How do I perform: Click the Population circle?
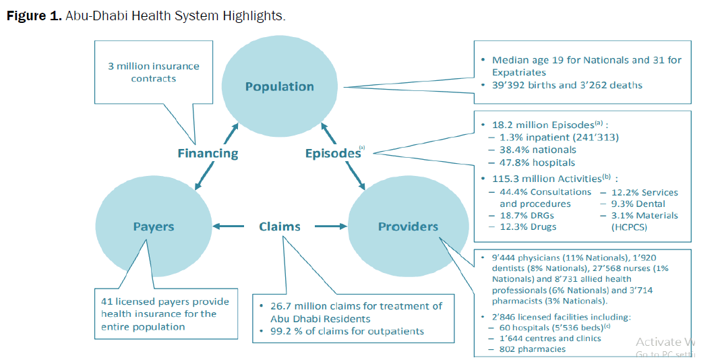click(x=279, y=86)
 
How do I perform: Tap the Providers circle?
click(x=407, y=227)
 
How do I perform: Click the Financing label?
click(x=208, y=153)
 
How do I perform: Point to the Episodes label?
click(x=332, y=153)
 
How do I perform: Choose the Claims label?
click(x=279, y=227)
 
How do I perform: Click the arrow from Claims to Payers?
click(x=227, y=227)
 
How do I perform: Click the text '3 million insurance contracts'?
click(x=154, y=72)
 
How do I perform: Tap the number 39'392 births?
click(x=516, y=85)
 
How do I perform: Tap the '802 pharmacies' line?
click(x=532, y=349)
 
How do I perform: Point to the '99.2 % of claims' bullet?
click(x=342, y=331)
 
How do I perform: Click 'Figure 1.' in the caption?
click(x=34, y=16)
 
